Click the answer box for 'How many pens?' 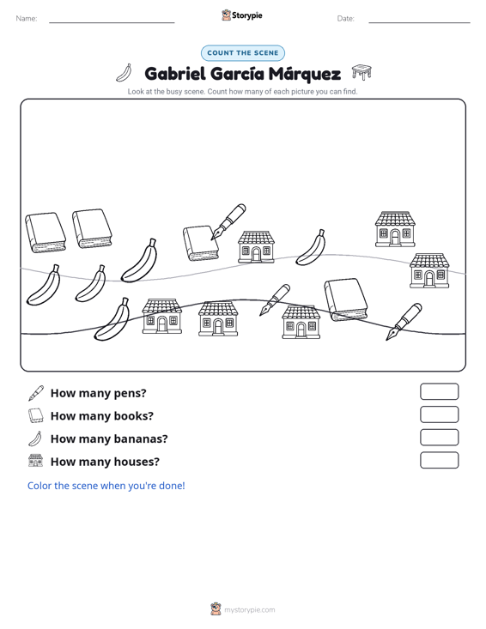[439, 391]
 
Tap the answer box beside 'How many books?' [439, 414]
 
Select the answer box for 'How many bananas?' [439, 438]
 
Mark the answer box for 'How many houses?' [439, 460]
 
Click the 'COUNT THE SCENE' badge [243, 53]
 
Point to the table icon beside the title [361, 72]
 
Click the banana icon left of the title [125, 73]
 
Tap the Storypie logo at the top [242, 15]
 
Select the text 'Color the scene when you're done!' [106, 486]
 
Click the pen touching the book [228, 222]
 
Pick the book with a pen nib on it [201, 243]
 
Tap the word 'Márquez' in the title [305, 74]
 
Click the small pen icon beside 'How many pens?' [36, 393]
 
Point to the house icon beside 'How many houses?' [36, 461]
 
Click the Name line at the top [112, 22]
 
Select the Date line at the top [419, 22]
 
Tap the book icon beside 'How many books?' [36, 415]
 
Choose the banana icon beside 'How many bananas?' [35, 438]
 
